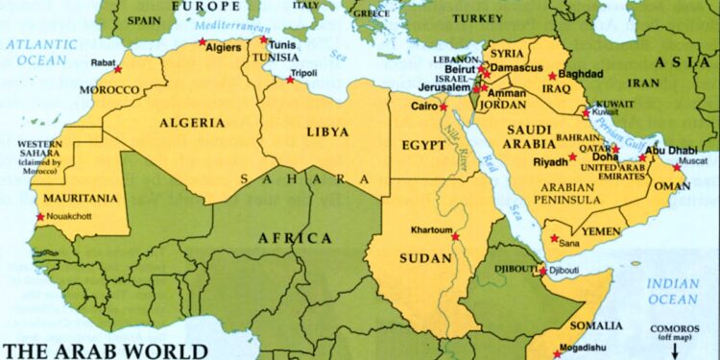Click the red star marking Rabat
pos(118,69)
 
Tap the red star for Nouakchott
pos(40,217)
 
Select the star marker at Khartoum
pos(455,236)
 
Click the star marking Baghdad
pos(552,76)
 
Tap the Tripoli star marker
pos(289,80)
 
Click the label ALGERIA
pos(194,123)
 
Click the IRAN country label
pos(643,84)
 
